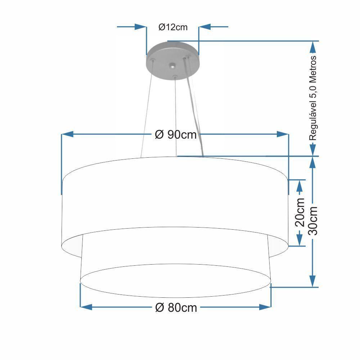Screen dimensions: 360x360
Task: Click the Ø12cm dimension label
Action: (173, 27)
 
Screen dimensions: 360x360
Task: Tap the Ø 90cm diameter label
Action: (176, 134)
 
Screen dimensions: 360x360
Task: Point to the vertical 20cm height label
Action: (300, 212)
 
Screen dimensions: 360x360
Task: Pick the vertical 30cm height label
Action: (314, 221)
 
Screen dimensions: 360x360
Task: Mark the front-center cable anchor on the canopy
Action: (175, 76)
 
